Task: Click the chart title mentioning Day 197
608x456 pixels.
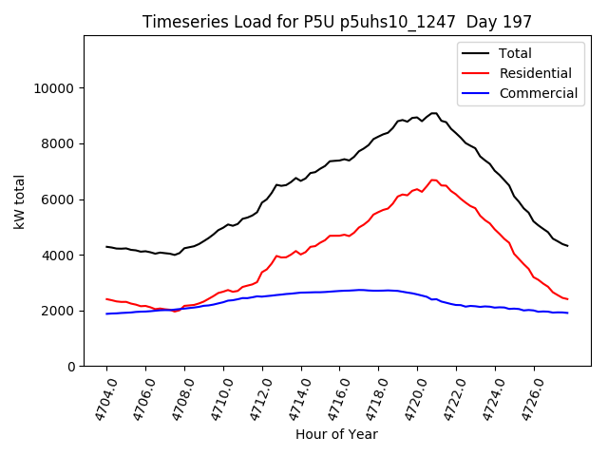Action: (337, 22)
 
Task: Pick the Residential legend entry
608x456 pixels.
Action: (535, 73)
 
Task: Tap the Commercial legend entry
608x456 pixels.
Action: (538, 93)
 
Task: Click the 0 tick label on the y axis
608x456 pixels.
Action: (71, 367)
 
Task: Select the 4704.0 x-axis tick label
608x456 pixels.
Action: (98, 401)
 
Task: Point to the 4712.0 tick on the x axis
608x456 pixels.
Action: (254, 401)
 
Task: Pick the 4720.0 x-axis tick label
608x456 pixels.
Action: (408, 401)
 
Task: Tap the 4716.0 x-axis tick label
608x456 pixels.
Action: (331, 401)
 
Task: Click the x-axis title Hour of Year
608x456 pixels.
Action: (336, 434)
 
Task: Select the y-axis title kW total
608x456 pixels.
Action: (19, 201)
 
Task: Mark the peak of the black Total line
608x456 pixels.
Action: (433, 113)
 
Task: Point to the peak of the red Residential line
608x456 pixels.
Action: (433, 180)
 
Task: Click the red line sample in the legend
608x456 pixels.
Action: (476, 73)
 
